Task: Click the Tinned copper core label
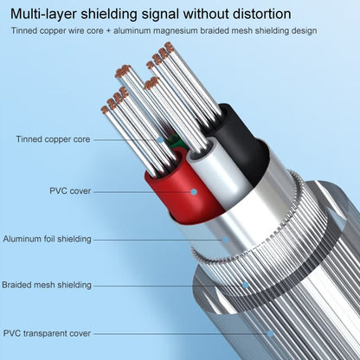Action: coord(51,138)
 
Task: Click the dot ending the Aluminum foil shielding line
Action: coord(227,239)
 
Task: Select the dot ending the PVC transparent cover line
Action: coord(270,331)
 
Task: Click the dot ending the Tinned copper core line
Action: coord(161,138)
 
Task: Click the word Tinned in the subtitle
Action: coord(27,31)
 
